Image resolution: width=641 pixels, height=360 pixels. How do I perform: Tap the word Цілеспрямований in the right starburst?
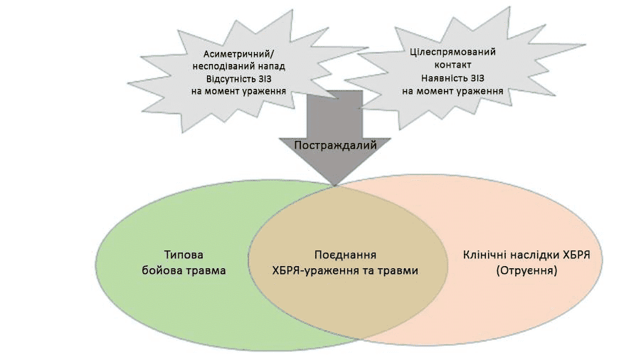coord(453,52)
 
